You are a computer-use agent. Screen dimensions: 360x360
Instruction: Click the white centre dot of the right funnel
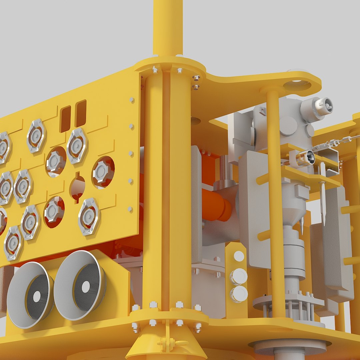pos(86,287)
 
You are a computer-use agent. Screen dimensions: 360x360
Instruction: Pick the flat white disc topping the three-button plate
pos(239,256)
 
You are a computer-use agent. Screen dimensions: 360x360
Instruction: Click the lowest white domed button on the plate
pos(239,294)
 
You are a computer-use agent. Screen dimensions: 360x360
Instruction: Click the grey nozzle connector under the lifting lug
pos(317,108)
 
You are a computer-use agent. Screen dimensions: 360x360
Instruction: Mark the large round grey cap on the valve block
pos(288,126)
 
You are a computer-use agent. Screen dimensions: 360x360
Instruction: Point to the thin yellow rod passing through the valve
pos(273,200)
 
